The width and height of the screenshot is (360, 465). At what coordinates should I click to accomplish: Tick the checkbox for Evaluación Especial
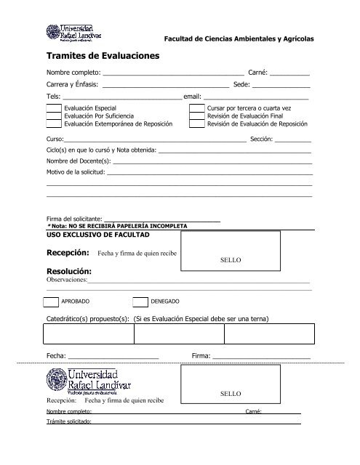[53, 108]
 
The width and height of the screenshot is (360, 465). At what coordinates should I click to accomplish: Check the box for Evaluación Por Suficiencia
[53, 116]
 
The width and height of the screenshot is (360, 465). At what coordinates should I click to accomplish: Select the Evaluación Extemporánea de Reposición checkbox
[53, 124]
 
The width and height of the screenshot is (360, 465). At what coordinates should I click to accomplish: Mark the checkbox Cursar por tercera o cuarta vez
[196, 108]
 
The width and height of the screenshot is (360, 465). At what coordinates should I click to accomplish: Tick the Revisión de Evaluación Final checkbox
[196, 116]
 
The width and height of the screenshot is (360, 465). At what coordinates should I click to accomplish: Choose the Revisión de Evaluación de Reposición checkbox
[196, 124]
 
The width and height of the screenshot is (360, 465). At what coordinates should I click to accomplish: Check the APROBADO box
[50, 302]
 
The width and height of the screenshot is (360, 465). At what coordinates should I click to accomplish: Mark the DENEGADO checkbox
[140, 302]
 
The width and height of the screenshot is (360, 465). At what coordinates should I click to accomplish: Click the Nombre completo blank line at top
[174, 75]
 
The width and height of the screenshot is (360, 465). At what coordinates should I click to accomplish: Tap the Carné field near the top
[289, 75]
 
